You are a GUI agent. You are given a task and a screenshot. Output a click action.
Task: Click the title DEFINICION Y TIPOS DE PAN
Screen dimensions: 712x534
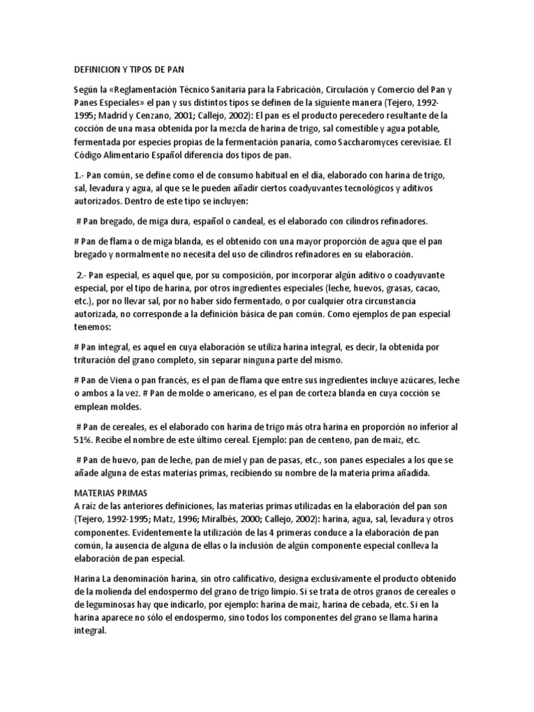(128, 70)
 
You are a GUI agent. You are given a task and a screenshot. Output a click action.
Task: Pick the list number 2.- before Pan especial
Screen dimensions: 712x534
(82, 275)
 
